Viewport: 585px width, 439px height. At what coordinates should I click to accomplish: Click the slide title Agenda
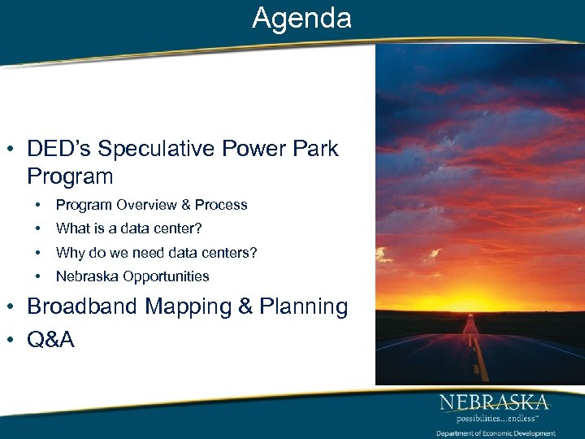point(301,18)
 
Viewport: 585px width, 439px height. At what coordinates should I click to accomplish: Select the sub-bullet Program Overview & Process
point(151,205)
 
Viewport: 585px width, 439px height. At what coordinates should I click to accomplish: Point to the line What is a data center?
point(128,229)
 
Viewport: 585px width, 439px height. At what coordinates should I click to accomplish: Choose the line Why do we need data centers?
point(156,253)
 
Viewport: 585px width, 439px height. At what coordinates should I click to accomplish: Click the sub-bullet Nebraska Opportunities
point(132,276)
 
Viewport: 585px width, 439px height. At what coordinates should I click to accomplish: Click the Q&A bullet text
point(50,339)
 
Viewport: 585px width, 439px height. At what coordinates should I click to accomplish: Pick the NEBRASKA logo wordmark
point(494,402)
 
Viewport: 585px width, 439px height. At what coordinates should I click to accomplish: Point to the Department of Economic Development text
point(495,433)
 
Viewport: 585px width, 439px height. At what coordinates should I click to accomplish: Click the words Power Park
point(279,150)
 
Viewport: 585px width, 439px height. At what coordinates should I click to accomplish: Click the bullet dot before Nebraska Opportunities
point(38,276)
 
